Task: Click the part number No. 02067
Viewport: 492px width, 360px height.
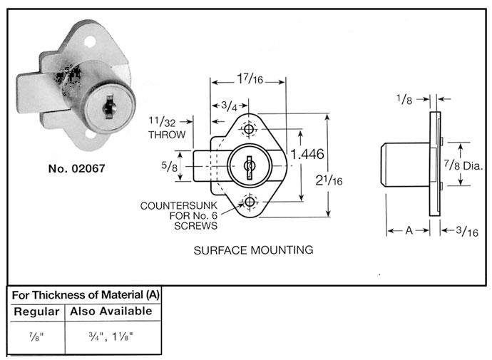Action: [76, 169]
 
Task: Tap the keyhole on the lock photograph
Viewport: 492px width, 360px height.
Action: [109, 107]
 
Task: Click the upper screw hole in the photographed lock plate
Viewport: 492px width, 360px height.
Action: [90, 42]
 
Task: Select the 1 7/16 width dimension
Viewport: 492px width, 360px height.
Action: [250, 78]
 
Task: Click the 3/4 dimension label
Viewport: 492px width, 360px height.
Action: [230, 106]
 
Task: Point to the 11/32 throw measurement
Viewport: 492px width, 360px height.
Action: [162, 121]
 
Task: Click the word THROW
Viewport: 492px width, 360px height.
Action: [167, 135]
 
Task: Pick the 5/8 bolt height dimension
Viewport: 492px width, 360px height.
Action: [170, 166]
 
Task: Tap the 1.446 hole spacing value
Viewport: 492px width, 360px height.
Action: [307, 154]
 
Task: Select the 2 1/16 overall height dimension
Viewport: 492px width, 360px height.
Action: [329, 180]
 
